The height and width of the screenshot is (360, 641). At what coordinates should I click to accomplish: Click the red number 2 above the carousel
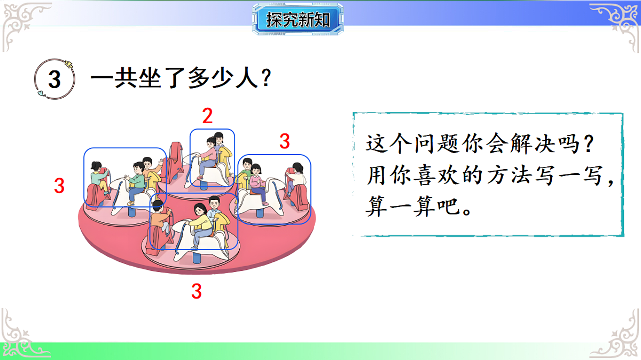tap(207, 115)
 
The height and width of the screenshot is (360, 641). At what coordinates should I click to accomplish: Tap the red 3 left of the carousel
tap(59, 186)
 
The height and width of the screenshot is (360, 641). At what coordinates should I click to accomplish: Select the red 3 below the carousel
tap(197, 291)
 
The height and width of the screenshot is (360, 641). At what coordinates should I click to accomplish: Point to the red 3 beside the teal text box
tap(285, 141)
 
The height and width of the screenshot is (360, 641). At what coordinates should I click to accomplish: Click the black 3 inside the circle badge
tap(54, 80)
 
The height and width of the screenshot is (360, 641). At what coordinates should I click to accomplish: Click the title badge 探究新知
tap(298, 20)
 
